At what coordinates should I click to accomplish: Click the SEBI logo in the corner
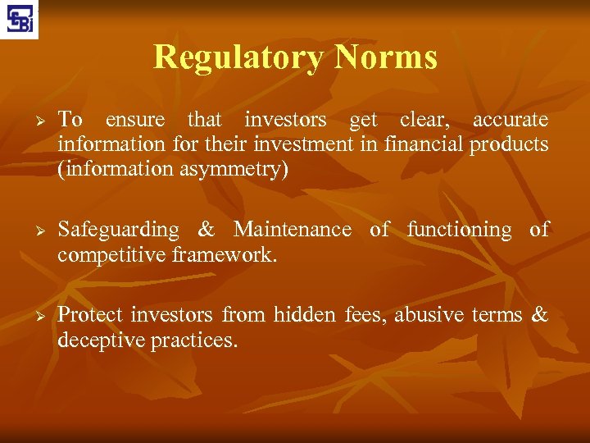point(19,19)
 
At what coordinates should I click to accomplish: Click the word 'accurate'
point(511,120)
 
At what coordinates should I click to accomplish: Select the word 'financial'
point(424,144)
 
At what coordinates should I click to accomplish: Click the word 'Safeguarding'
point(118,231)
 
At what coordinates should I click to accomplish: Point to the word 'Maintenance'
point(292,230)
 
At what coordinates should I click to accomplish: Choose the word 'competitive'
point(111,254)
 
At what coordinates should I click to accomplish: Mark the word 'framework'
point(224,254)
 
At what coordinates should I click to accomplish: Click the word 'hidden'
point(304,315)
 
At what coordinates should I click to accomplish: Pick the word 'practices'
point(194,340)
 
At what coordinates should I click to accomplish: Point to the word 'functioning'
point(459,231)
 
